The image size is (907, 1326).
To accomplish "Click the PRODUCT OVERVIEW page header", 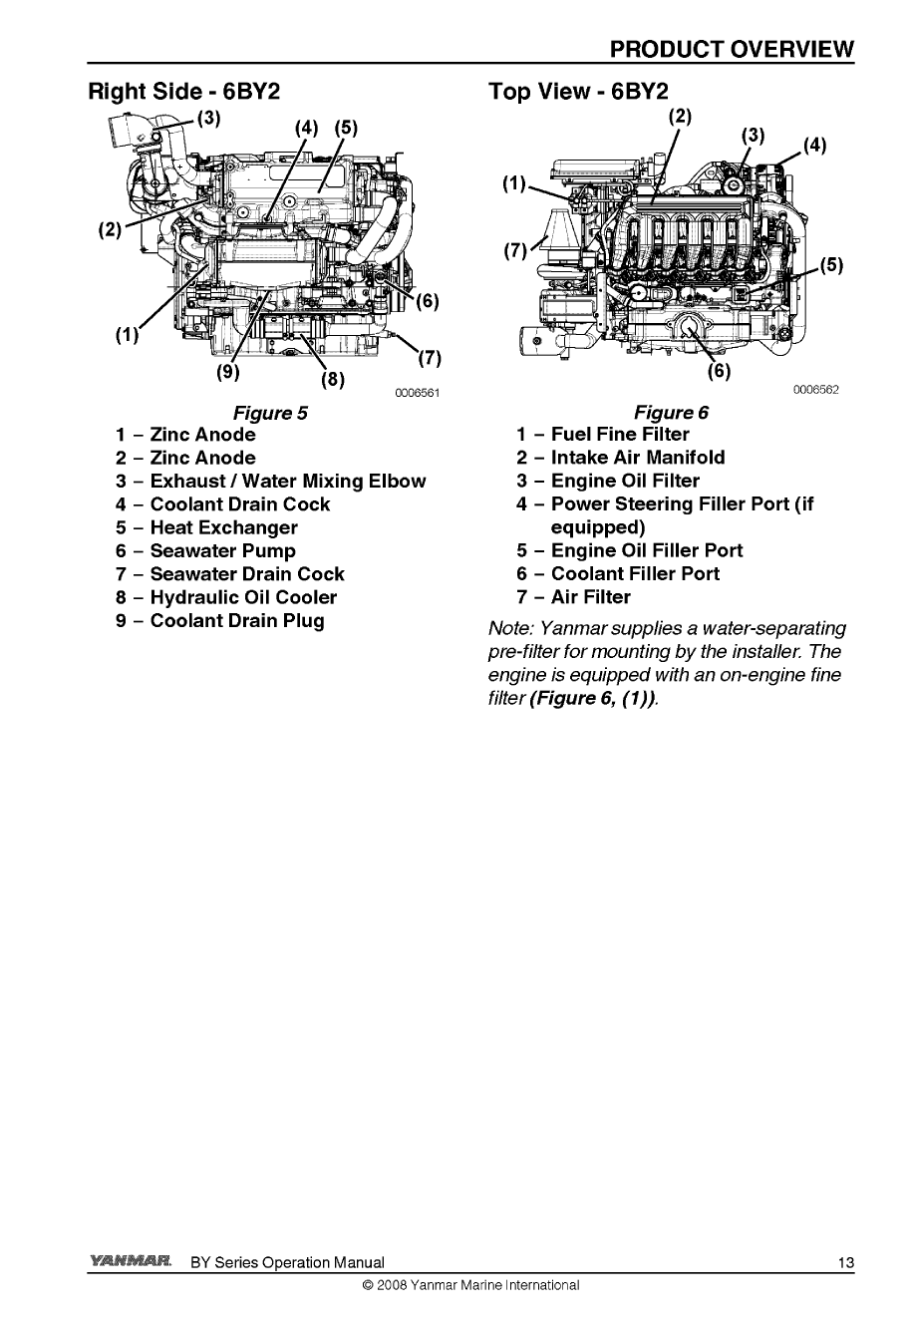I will click(x=732, y=49).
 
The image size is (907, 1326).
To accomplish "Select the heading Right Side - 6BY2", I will click(x=184, y=92).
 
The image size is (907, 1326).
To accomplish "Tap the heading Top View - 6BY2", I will click(x=578, y=92).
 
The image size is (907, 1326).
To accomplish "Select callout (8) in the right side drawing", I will click(x=331, y=380).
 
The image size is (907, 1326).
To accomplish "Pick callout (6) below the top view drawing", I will click(x=718, y=372).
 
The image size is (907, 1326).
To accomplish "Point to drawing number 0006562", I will click(x=816, y=390).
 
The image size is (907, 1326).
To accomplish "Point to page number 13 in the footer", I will click(x=845, y=1263).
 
